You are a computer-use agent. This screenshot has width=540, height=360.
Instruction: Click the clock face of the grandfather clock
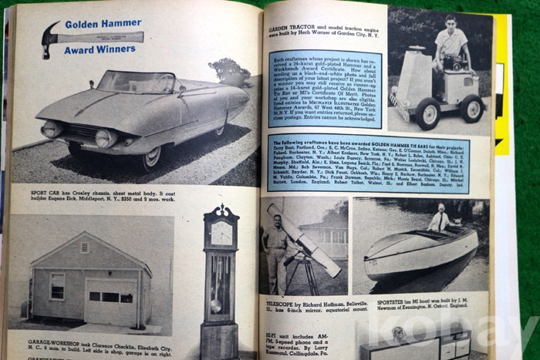[x=220, y=231]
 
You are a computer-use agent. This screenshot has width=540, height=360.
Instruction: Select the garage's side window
[x=57, y=286]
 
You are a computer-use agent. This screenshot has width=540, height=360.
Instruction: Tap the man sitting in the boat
[x=440, y=221]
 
